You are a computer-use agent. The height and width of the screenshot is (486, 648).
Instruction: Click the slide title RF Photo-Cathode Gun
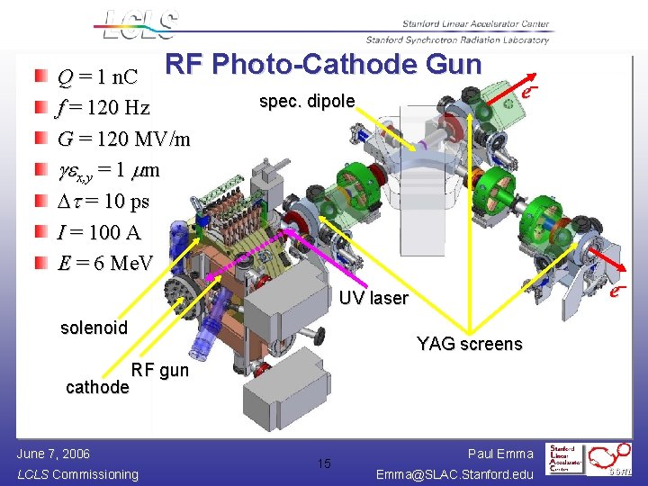[x=324, y=65]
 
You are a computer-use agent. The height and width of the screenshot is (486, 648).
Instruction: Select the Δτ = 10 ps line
[x=104, y=201]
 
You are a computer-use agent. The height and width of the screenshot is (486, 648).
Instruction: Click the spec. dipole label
[x=307, y=101]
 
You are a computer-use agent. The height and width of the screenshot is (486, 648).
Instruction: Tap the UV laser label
[x=373, y=298]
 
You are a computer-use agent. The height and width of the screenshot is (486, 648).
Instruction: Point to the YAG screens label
[x=469, y=344]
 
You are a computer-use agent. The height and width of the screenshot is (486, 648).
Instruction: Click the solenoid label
[x=94, y=328]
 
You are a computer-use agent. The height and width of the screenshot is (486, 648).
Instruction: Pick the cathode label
[x=97, y=387]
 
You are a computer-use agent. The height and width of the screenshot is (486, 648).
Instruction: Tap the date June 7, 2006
[x=53, y=454]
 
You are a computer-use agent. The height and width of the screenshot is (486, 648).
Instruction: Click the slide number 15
[x=324, y=463]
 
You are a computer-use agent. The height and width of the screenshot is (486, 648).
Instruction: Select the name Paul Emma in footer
[x=500, y=454]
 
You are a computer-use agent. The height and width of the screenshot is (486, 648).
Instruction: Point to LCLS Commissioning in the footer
[x=77, y=474]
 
